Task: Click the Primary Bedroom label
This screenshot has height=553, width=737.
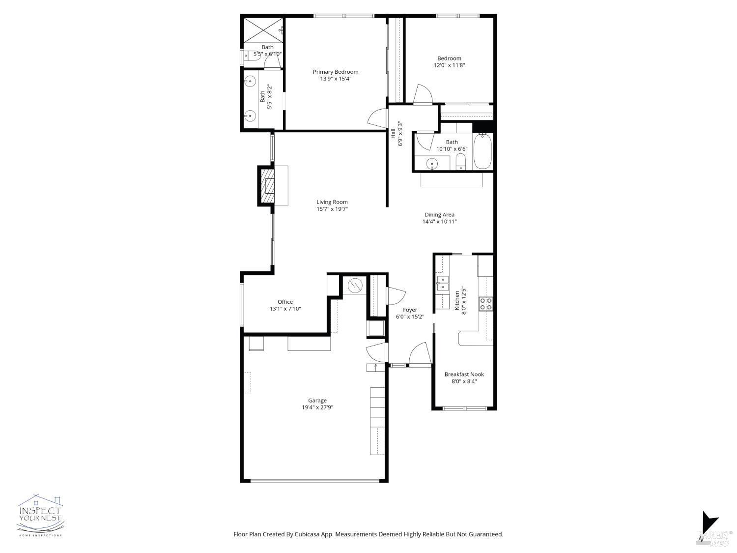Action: (336, 72)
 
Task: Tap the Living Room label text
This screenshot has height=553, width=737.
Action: (332, 202)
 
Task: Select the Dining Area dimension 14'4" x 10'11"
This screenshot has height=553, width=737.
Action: (439, 222)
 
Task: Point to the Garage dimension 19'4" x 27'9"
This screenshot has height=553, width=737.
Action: (317, 407)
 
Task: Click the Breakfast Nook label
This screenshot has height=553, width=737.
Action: (464, 375)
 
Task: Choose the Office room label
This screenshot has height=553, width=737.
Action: (285, 302)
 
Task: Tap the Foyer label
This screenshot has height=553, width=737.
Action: (410, 310)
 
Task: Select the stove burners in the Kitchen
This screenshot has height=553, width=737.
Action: (486, 304)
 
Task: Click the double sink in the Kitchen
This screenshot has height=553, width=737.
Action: (443, 284)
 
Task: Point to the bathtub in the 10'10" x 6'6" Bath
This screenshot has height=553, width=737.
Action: (483, 150)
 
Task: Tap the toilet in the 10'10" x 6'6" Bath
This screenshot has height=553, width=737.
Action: (461, 161)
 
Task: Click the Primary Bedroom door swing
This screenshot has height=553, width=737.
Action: (377, 117)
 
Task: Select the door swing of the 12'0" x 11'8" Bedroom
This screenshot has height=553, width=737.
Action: (423, 95)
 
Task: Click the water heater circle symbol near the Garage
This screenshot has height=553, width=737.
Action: (355, 285)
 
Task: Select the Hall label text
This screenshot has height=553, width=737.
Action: (393, 134)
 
